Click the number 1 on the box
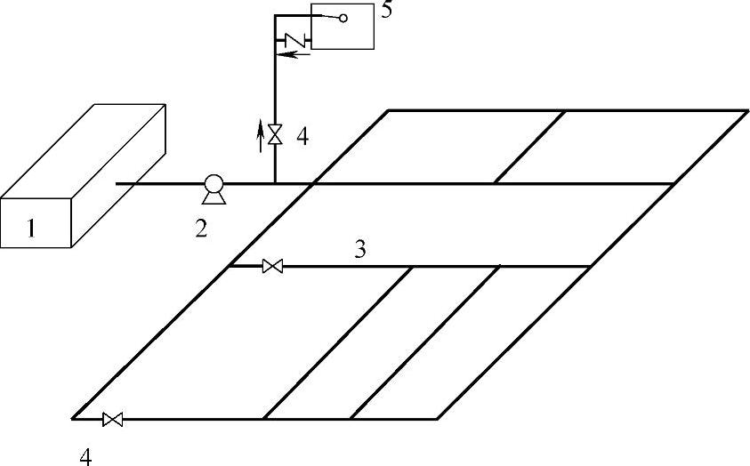(x=32, y=229)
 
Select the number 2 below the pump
(x=202, y=229)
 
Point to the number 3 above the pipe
(x=360, y=249)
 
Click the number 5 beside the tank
(x=385, y=12)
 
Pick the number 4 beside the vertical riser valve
(x=302, y=137)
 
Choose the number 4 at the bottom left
(x=85, y=456)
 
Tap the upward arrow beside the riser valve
(x=261, y=135)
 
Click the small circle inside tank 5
(x=343, y=19)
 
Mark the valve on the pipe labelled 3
(x=273, y=266)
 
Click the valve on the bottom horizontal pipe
(x=113, y=419)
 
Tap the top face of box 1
(x=85, y=151)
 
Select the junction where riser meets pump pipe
(x=275, y=184)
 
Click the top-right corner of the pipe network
(x=746, y=110)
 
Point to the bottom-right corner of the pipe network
(x=438, y=419)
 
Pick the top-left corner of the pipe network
(x=388, y=110)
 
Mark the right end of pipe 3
(x=591, y=266)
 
